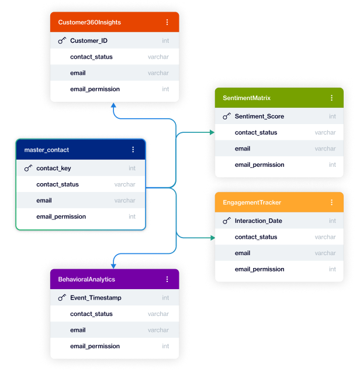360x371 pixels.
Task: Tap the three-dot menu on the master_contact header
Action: [x=133, y=150]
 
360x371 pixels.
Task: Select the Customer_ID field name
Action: [x=89, y=41]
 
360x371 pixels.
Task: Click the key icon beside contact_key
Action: [x=28, y=169]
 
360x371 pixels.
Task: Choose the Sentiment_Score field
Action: [x=259, y=116]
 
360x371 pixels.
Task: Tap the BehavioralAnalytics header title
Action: [x=86, y=280]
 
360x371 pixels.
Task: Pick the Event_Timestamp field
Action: [x=96, y=298]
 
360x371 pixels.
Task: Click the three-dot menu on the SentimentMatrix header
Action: [x=332, y=98]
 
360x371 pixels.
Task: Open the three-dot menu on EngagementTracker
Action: [x=332, y=202]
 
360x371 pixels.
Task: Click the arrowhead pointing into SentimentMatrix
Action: [x=212, y=133]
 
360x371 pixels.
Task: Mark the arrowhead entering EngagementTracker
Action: [x=212, y=238]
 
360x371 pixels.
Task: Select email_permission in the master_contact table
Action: [x=61, y=217]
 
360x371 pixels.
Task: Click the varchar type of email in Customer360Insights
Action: [x=158, y=73]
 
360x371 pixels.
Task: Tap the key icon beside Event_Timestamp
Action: [x=62, y=298]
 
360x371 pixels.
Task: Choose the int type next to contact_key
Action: [x=132, y=169]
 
